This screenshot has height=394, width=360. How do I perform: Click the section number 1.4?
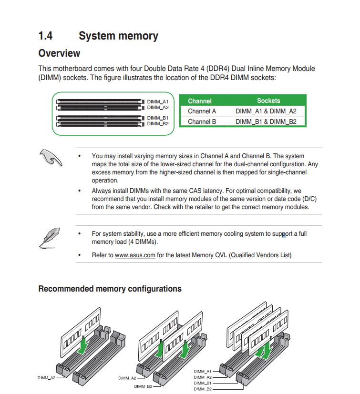[x=45, y=36]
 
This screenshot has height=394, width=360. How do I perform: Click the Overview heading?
[x=59, y=53]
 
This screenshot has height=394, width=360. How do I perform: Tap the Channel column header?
[x=200, y=101]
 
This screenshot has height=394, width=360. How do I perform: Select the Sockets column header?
[x=268, y=101]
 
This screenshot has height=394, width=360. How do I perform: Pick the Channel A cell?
[x=202, y=111]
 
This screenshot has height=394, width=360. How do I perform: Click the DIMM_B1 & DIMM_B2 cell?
[x=266, y=121]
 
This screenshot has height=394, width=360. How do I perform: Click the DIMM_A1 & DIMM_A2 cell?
[x=266, y=111]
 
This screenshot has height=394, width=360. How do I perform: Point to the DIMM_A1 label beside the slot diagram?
[x=157, y=102]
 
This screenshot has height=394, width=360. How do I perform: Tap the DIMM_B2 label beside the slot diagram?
[x=157, y=124]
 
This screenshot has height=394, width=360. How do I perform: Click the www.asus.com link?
[x=135, y=255]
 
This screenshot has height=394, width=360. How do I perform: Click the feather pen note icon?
[x=49, y=236]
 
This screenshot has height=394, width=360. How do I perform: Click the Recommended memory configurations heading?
[x=110, y=289]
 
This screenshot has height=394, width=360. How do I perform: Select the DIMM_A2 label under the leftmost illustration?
[x=46, y=378]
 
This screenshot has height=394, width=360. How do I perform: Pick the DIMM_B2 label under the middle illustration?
[x=143, y=386]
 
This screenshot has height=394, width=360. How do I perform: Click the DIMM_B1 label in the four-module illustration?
[x=203, y=383]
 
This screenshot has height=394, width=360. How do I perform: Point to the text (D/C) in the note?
[x=310, y=199]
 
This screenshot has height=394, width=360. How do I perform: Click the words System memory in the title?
[x=118, y=36]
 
